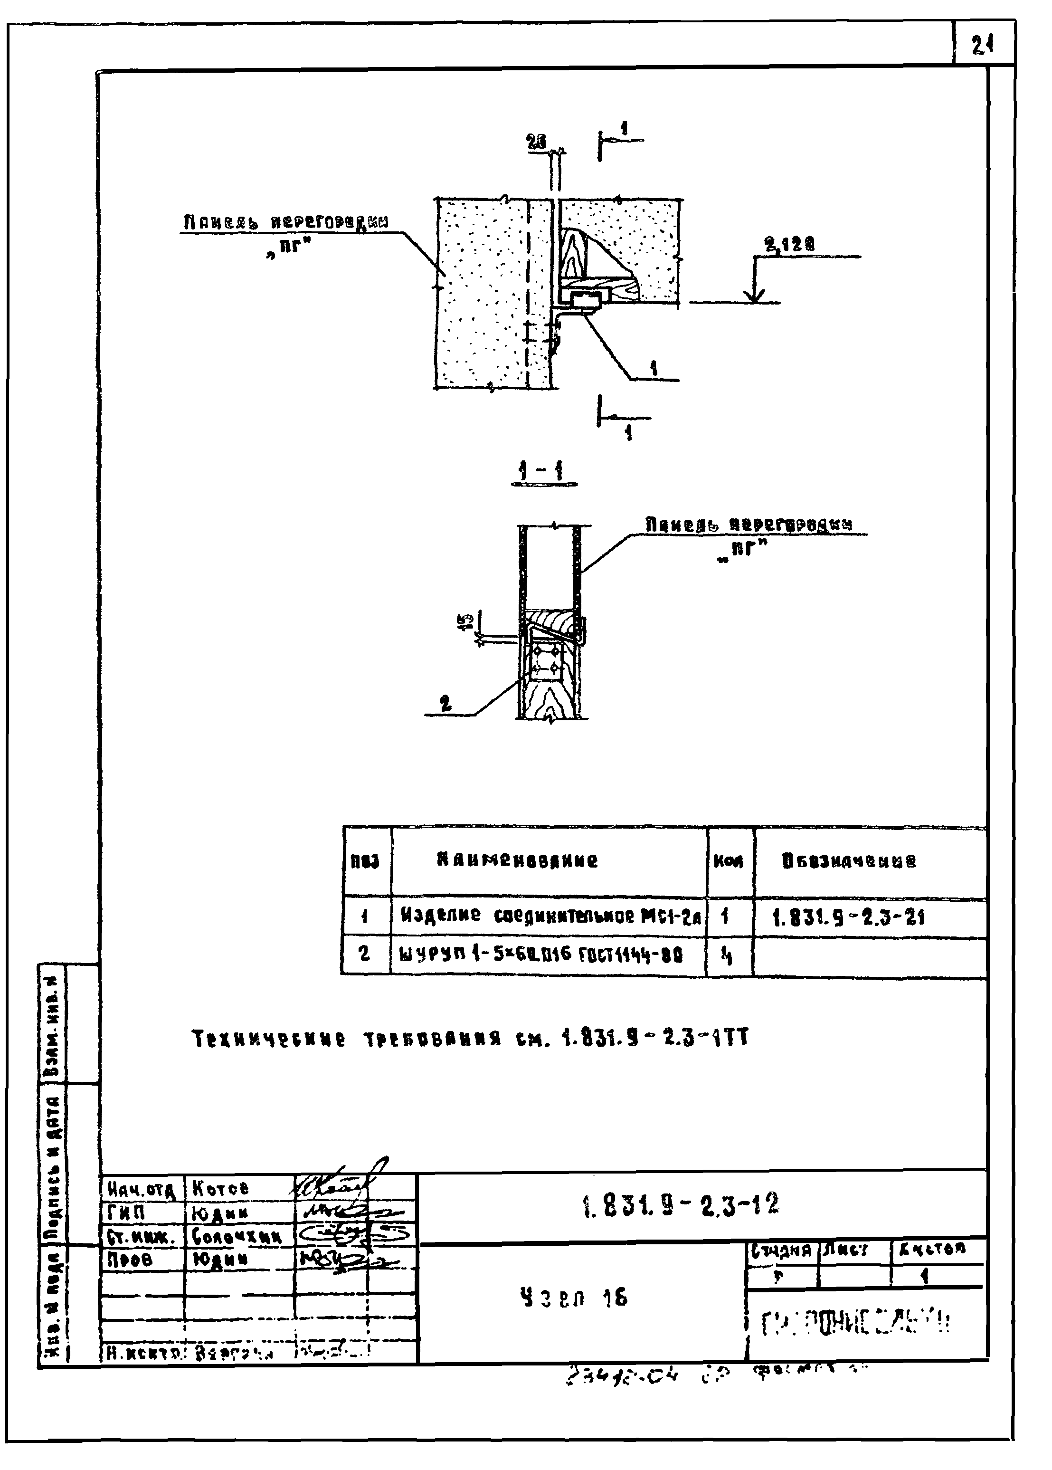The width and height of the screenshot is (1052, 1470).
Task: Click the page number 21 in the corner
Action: [x=982, y=45]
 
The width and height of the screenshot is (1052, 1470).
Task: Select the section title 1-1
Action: [x=543, y=472]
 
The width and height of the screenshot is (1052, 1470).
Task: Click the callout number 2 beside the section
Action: [x=445, y=704]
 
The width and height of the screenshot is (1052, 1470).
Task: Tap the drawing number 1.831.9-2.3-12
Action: [x=681, y=1204]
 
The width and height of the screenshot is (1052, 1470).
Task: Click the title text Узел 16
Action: [x=574, y=1297]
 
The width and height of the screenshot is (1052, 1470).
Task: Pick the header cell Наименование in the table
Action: [x=517, y=860]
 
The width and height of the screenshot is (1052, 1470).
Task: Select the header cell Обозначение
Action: [x=849, y=861]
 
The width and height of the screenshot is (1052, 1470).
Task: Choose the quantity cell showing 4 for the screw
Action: [x=727, y=955]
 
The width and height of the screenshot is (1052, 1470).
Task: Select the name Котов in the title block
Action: [x=220, y=1189]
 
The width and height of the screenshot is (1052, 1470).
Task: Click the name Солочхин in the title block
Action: [x=237, y=1237]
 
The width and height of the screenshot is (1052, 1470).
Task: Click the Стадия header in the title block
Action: [x=781, y=1250]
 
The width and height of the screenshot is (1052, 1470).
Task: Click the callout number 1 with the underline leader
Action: [x=655, y=369]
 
